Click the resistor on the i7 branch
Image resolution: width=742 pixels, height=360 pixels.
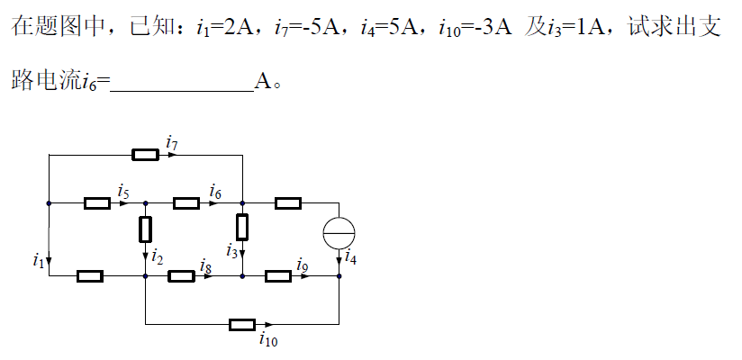coord(146,155)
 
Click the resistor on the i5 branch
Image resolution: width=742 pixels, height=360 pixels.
coord(97,203)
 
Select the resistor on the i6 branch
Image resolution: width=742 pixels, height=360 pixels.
coord(186,203)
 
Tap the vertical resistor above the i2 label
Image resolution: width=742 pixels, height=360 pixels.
coord(145,229)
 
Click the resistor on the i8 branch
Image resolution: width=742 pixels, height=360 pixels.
coord(181,276)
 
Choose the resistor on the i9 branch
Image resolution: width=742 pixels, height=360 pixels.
coord(278,276)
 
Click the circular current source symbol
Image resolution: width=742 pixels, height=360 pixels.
coord(339,233)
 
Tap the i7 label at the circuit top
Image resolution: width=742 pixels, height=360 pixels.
coord(172,141)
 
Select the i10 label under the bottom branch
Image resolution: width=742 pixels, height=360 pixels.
coord(267,340)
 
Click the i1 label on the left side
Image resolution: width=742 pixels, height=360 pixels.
coord(37,261)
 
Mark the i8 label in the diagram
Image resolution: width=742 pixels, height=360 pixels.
coord(206,265)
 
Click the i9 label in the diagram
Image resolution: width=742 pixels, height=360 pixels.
coord(303,265)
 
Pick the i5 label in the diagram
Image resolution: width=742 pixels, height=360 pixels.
coord(123,190)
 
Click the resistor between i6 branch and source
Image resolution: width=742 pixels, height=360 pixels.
coord(287,203)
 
